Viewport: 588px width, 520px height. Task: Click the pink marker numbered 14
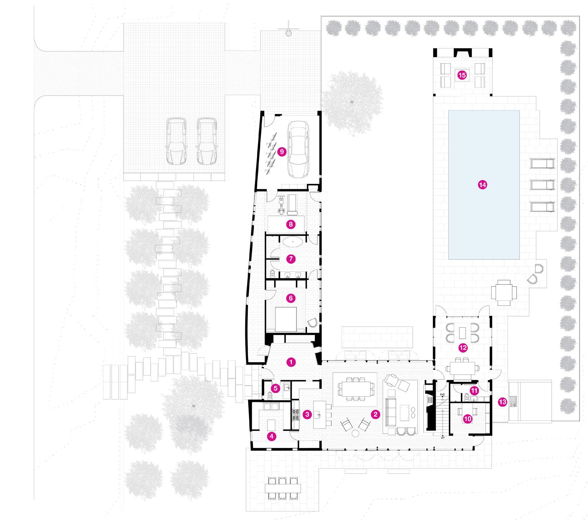pyautogui.click(x=482, y=185)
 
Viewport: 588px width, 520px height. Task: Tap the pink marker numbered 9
pyautogui.click(x=281, y=152)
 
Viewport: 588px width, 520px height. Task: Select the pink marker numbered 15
pyautogui.click(x=462, y=75)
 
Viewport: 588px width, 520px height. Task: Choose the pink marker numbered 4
pyautogui.click(x=272, y=436)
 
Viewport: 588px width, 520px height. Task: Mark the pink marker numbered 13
pyautogui.click(x=502, y=402)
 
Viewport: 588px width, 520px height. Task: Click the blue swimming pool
pyautogui.click(x=484, y=185)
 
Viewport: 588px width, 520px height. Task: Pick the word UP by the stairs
pyautogui.click(x=442, y=437)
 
